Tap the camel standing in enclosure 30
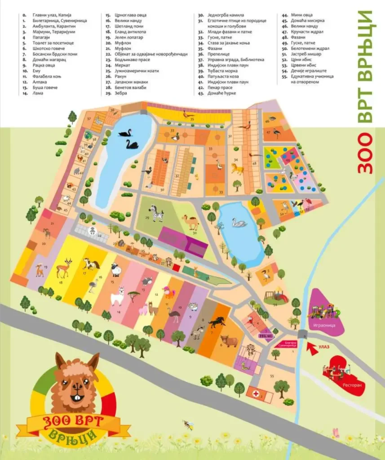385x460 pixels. coord(191,221)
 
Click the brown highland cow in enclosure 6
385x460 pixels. coord(229,341)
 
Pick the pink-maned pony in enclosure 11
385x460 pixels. coord(169,292)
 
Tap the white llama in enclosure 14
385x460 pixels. coord(117,296)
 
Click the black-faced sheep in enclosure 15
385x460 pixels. coord(116,270)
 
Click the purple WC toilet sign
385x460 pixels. coord(263,335)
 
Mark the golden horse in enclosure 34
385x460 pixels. coord(237,168)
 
